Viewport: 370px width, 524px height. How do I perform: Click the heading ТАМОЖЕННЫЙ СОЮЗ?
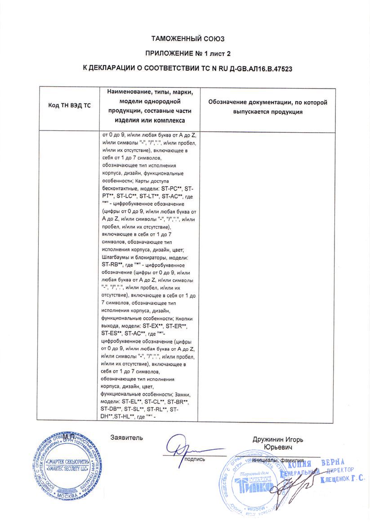tap(187, 39)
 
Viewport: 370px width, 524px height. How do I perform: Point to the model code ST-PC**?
tap(171, 189)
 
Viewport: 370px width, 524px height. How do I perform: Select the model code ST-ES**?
tap(112, 333)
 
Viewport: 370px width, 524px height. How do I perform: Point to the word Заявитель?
tap(127, 437)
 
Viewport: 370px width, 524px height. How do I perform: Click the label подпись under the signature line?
tap(194, 459)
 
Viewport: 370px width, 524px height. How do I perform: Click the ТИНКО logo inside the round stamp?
tap(252, 486)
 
